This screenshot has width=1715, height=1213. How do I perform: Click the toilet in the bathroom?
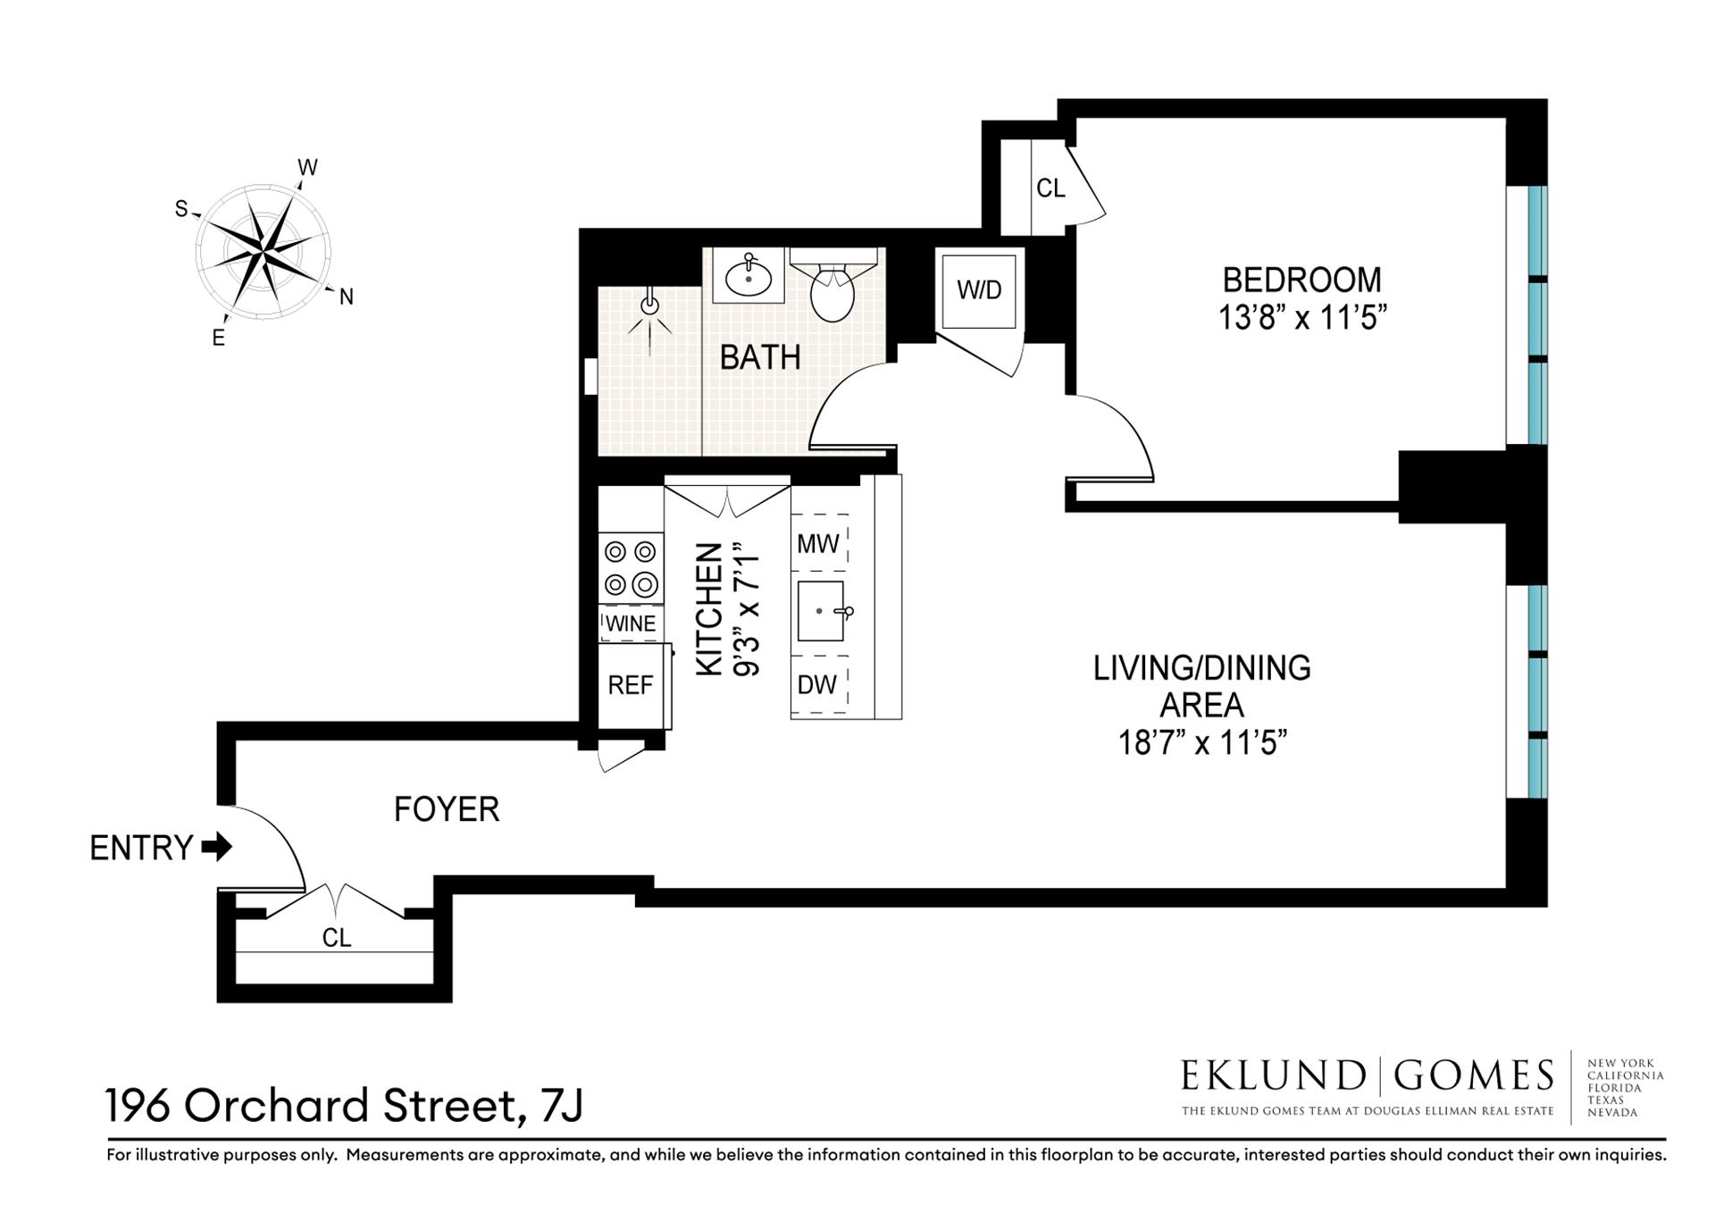832,290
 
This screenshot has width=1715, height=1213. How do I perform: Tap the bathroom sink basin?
749,278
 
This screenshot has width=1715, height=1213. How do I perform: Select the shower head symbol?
649,306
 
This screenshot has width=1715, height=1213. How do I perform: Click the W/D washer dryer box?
979,290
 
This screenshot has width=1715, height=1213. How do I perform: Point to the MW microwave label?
818,543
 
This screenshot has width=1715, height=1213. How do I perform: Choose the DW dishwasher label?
816,684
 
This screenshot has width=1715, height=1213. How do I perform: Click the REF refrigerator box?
631,685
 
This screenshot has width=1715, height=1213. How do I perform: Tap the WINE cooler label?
631,623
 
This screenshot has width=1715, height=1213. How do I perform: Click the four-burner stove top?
631,568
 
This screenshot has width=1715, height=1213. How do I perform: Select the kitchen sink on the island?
820,611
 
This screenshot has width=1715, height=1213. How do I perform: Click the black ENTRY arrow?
217,846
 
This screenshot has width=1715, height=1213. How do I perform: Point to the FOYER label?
447,809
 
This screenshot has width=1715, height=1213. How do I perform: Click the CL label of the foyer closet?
337,937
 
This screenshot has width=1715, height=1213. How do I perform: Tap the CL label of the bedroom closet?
1050,188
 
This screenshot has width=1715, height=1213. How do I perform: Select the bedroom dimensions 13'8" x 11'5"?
1301,318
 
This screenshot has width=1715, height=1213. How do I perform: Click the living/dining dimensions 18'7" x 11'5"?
1201,742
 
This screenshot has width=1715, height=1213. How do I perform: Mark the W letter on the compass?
307,168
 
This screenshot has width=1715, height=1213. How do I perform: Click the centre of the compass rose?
263,251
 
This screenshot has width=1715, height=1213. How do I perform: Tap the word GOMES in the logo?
1474,1075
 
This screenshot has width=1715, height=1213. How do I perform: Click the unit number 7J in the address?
562,1106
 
